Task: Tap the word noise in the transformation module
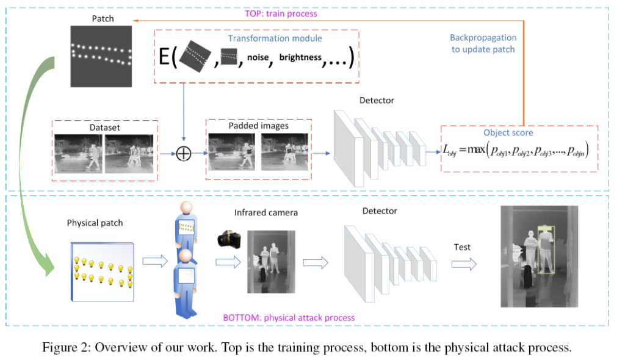click(258, 58)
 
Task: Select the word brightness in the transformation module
click(300, 57)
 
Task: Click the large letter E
click(164, 58)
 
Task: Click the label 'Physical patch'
click(95, 223)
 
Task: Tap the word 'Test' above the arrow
click(462, 247)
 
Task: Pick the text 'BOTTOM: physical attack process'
click(289, 317)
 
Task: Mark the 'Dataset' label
click(104, 128)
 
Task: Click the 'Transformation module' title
click(275, 38)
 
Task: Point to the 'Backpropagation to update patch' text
click(482, 43)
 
